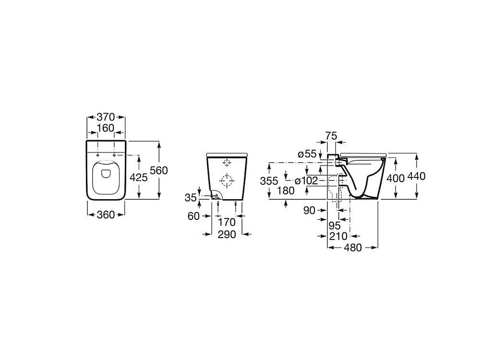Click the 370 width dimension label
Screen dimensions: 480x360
[106, 117]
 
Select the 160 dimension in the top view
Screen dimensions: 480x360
[106, 128]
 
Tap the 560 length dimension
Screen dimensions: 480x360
[159, 170]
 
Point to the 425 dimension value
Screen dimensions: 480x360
[139, 177]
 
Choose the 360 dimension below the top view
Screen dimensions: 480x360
[106, 215]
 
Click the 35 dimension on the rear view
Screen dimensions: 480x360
[191, 198]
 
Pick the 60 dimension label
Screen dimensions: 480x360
[193, 216]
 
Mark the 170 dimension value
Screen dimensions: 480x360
[227, 222]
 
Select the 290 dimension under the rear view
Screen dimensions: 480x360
[227, 235]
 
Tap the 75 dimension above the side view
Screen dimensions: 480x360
[331, 136]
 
